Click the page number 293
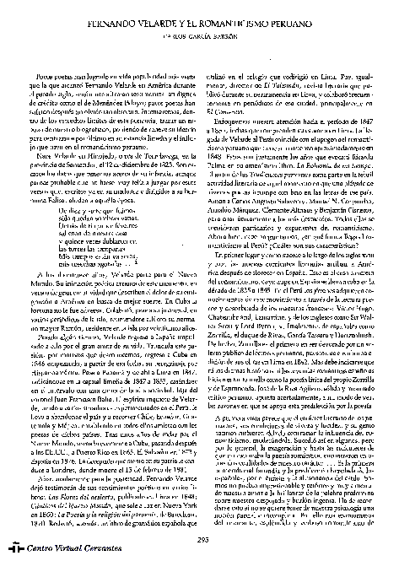[202, 540]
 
